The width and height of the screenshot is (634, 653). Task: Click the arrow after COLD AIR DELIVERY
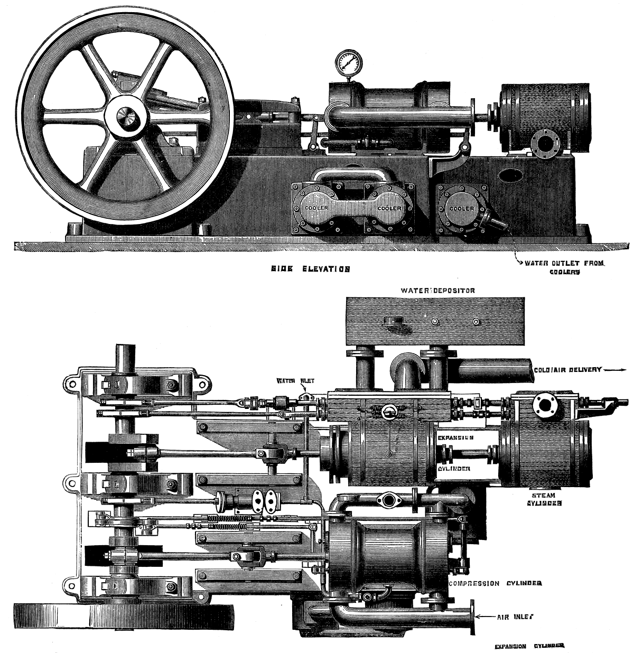pyautogui.click(x=616, y=370)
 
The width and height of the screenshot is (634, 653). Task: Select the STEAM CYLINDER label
pyautogui.click(x=544, y=500)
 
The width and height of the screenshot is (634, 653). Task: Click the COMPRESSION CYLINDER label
pyautogui.click(x=495, y=583)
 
